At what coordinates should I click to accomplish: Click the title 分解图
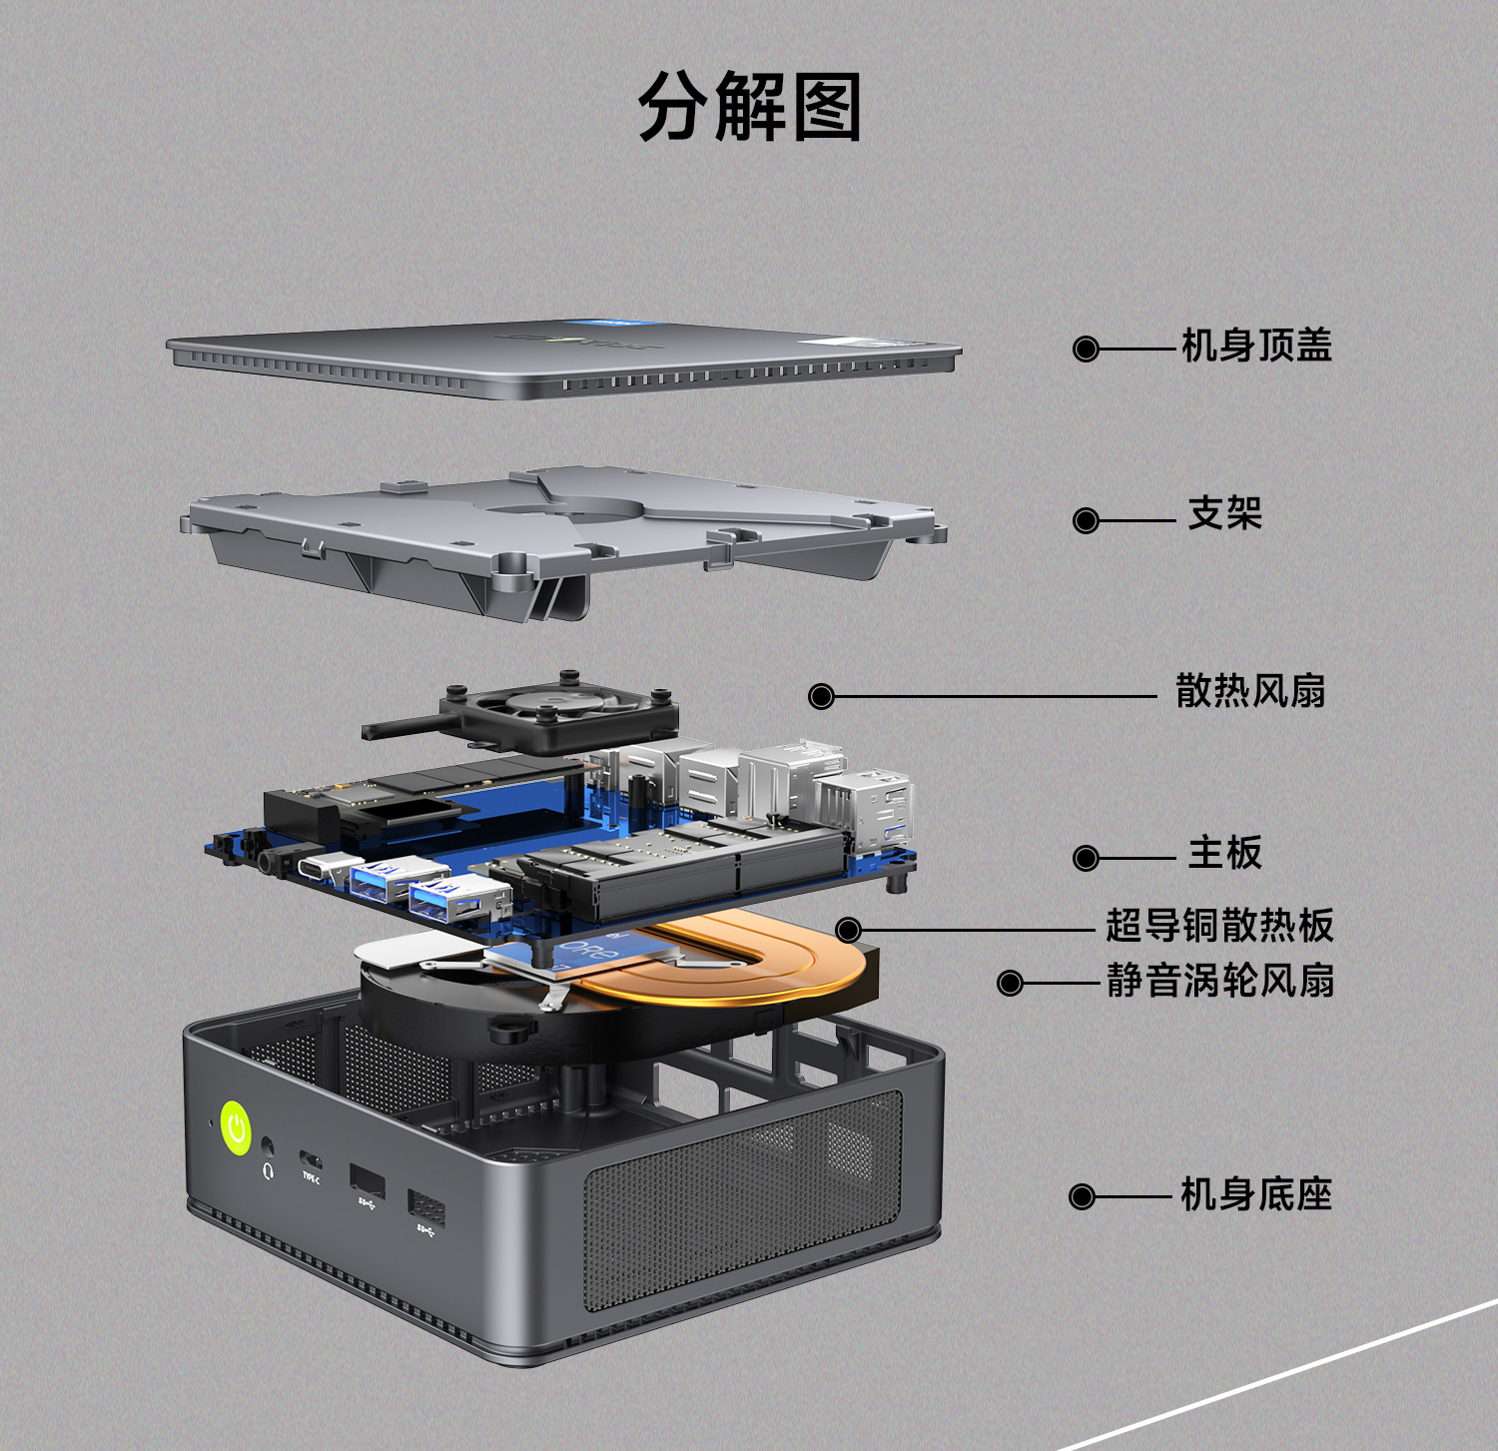click(750, 107)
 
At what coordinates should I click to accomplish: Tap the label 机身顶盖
click(1256, 346)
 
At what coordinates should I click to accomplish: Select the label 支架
click(1225, 514)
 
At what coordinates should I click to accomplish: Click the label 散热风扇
click(1250, 690)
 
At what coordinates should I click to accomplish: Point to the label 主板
click(1225, 853)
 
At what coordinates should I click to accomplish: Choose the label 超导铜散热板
click(1219, 926)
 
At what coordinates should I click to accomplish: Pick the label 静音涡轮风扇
click(1220, 981)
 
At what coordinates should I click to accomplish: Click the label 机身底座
click(1256, 1194)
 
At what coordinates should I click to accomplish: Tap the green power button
click(236, 1128)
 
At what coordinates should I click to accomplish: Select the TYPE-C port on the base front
click(311, 1161)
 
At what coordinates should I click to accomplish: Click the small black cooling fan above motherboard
click(559, 712)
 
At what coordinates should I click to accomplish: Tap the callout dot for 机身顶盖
click(1086, 349)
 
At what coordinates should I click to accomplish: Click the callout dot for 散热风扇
click(821, 696)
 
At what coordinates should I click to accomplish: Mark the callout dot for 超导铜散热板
click(848, 931)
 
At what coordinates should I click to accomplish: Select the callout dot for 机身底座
click(1083, 1196)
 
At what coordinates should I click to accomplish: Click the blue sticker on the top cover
click(611, 324)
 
